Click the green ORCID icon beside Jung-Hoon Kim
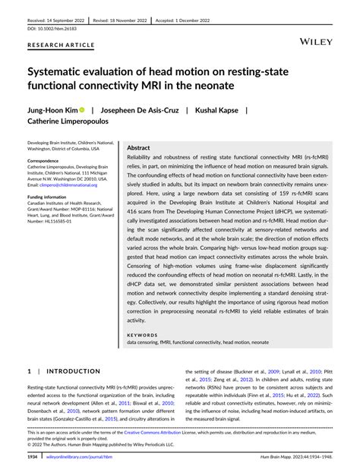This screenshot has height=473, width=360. point(84,109)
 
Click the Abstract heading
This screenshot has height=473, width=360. point(139,148)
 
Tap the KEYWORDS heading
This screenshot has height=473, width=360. point(147,334)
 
